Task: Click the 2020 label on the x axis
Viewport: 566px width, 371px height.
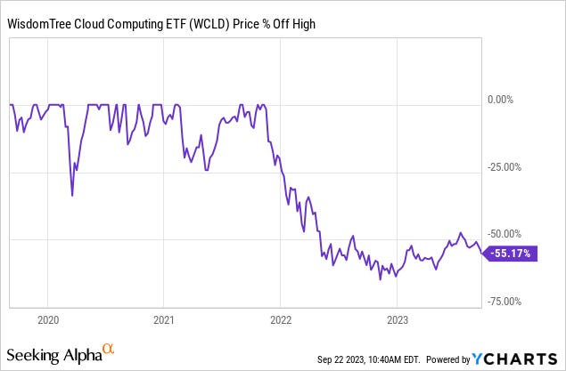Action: coord(48,319)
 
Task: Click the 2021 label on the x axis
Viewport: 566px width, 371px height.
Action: coord(164,319)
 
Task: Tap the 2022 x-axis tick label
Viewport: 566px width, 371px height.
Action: coord(281,319)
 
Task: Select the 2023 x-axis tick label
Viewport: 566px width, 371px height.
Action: coord(397,319)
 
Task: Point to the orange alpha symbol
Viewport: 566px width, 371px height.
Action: coord(108,350)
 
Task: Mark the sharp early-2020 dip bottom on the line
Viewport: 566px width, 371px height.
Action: coord(72,196)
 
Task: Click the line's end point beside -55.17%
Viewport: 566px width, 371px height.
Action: coord(482,253)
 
